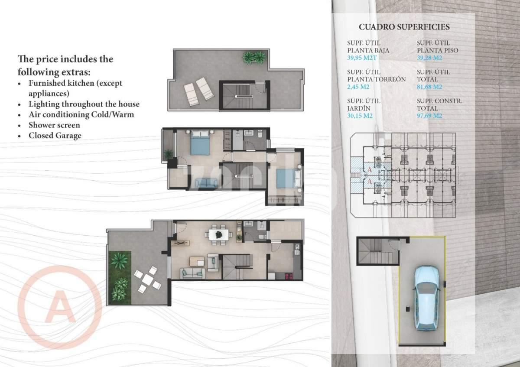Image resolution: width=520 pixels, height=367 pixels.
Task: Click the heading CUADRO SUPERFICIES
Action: pyautogui.click(x=404, y=27)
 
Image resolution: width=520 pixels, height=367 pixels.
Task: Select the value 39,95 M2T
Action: pyautogui.click(x=362, y=58)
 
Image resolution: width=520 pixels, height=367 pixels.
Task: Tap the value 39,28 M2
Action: pyautogui.click(x=429, y=58)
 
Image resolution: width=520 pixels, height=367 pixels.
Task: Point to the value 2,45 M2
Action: pyautogui.click(x=359, y=87)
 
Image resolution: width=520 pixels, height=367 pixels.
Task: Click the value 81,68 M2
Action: pyautogui.click(x=429, y=87)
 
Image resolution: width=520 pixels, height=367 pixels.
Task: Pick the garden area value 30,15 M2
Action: pyautogui.click(x=360, y=116)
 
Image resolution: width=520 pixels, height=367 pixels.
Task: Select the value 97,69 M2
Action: pyautogui.click(x=429, y=116)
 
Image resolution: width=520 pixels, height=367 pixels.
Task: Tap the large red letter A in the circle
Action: pyautogui.click(x=60, y=306)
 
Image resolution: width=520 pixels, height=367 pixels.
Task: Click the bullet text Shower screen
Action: pyautogui.click(x=54, y=125)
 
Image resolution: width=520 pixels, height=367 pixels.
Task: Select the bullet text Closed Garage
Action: pyautogui.click(x=55, y=136)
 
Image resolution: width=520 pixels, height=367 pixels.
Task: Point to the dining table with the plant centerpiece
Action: pyautogui.click(x=219, y=235)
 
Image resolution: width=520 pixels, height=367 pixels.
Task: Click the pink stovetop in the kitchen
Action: pyautogui.click(x=288, y=276)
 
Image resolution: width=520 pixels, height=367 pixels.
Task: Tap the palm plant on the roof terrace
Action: pyautogui.click(x=254, y=57)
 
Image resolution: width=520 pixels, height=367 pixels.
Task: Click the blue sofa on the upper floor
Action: pyautogui.click(x=206, y=183)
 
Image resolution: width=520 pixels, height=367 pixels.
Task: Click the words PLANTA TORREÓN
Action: pyautogui.click(x=376, y=79)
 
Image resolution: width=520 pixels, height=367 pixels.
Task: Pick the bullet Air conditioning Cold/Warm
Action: pyautogui.click(x=81, y=115)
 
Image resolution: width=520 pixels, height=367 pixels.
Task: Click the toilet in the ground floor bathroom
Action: pyautogui.click(x=262, y=237)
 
